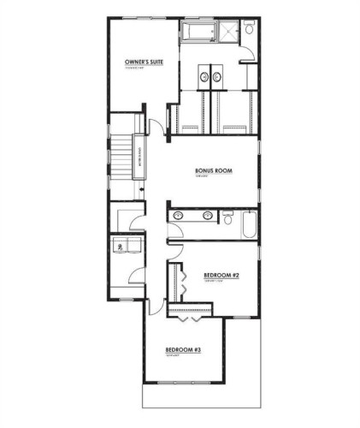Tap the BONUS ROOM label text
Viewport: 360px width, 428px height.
[x=211, y=169]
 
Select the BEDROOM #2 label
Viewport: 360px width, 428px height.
[x=220, y=275]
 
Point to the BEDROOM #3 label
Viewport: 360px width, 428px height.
[x=183, y=350]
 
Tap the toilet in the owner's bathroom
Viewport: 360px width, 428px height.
[x=249, y=29]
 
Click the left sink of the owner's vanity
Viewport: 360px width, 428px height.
[x=205, y=78]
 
